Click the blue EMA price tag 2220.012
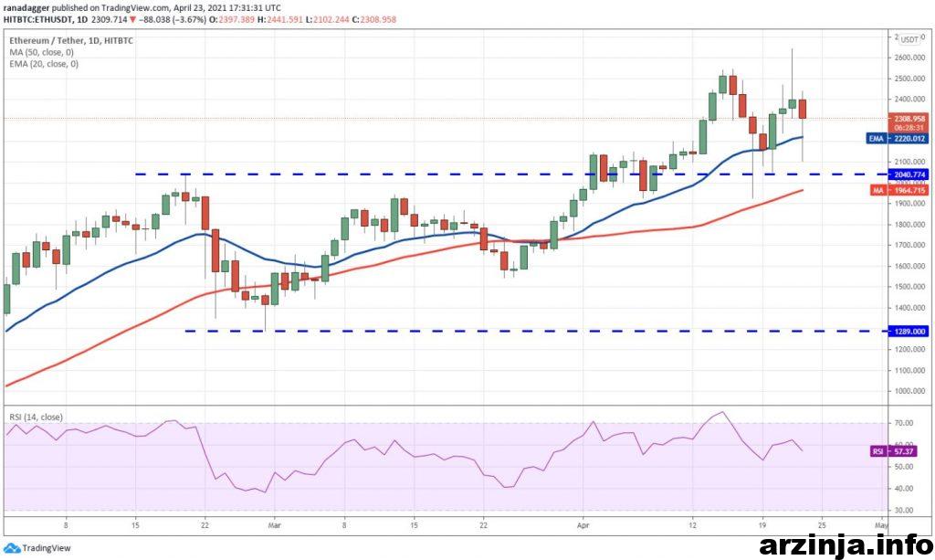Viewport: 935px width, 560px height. tap(898, 139)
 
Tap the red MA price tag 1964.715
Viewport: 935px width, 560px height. tap(898, 190)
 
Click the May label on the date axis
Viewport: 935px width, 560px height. tap(879, 526)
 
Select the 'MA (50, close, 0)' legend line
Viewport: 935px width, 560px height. tap(41, 52)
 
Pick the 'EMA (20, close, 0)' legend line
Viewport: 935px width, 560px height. tap(43, 64)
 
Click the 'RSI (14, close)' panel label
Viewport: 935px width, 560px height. tap(36, 417)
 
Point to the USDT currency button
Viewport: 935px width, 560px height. tap(909, 39)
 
